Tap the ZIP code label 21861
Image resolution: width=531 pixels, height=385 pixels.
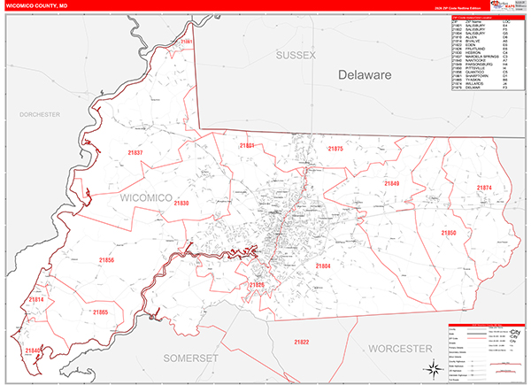coord(186,42)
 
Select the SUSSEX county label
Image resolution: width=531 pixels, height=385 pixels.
coord(295,55)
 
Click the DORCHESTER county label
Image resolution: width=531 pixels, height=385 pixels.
coord(39,114)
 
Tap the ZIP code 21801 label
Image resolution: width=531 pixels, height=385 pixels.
coord(247,145)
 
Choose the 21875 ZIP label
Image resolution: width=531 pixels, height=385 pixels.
coord(335,150)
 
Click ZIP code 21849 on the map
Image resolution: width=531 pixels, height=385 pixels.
coord(391,183)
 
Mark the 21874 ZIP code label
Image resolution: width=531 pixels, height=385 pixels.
coord(484,188)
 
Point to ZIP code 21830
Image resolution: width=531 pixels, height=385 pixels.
coord(181,204)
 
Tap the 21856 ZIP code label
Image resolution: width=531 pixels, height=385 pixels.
coord(107,260)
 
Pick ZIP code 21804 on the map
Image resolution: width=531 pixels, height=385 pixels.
coord(322,265)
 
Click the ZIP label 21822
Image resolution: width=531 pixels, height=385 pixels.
coord(303,342)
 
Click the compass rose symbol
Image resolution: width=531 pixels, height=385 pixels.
coord(431,368)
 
